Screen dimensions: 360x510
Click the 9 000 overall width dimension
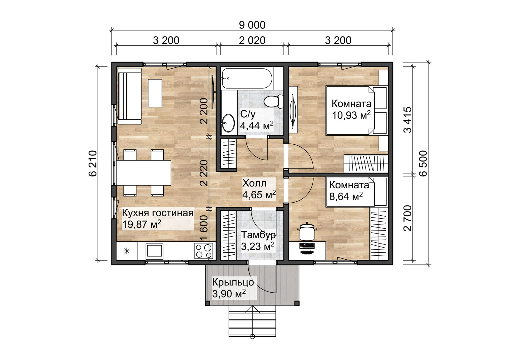pos(252,25)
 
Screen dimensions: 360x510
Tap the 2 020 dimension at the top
pos(252,40)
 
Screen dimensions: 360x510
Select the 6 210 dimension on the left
pos(93,163)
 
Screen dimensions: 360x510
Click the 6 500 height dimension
pos(423,163)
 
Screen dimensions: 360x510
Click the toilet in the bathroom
pos(273,101)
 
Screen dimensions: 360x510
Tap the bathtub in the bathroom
pos(247,78)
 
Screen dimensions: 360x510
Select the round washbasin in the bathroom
pos(228,123)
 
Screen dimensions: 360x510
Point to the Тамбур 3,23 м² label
pos(258,241)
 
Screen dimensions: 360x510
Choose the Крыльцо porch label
pos(233,288)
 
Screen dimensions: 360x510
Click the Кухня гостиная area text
pos(157,218)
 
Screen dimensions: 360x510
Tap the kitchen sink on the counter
pos(154,251)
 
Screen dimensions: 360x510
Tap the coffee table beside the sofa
pos(155,93)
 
